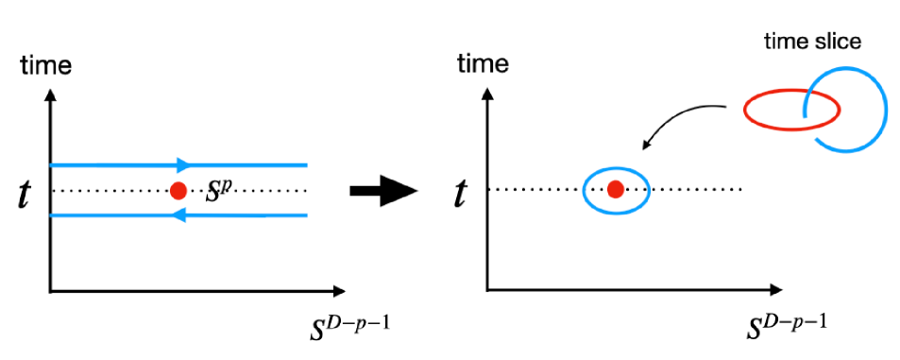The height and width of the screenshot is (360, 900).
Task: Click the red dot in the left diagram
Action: [x=177, y=190]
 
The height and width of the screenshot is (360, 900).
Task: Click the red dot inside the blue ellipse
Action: [x=615, y=190]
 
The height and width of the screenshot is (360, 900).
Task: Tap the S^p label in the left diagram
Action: [x=219, y=190]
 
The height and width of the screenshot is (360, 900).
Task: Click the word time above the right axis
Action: [x=483, y=65]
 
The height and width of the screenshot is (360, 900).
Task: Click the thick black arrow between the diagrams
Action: [x=382, y=191]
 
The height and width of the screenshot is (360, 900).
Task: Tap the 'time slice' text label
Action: [x=811, y=43]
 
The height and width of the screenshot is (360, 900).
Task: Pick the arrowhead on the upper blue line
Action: [x=184, y=164]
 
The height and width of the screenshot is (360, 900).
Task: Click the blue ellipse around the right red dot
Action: [x=585, y=190]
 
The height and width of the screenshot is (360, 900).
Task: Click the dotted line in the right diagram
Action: [x=699, y=190]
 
